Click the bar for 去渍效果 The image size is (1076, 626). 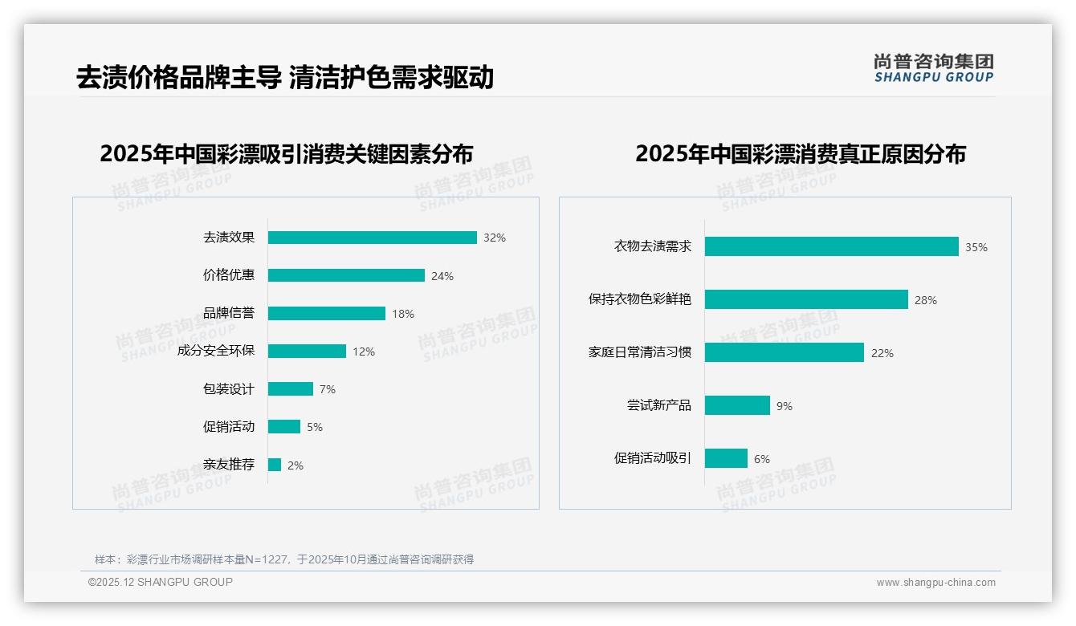pyautogui.click(x=372, y=238)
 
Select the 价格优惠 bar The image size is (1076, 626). pyautogui.click(x=346, y=275)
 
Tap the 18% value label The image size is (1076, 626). pyautogui.click(x=403, y=314)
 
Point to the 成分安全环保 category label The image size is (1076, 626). pyautogui.click(x=215, y=351)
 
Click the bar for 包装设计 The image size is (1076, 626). pyautogui.click(x=290, y=388)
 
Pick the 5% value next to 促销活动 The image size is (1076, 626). pyautogui.click(x=315, y=427)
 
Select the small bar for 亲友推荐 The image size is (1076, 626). pyautogui.click(x=275, y=465)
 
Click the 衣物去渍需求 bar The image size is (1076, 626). pyautogui.click(x=831, y=246)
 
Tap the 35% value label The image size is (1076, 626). pyautogui.click(x=976, y=247)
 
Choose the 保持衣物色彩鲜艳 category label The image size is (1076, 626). pyautogui.click(x=639, y=299)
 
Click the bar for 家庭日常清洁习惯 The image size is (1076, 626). pyautogui.click(x=784, y=352)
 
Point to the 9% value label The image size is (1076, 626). pyautogui.click(x=785, y=406)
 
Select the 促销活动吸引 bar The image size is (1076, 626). pyautogui.click(x=726, y=458)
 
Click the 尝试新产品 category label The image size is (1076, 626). pyautogui.click(x=658, y=405)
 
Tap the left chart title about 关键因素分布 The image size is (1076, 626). pyautogui.click(x=287, y=153)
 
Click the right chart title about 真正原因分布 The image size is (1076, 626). pyautogui.click(x=801, y=153)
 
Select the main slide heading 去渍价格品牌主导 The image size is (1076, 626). pyautogui.click(x=285, y=78)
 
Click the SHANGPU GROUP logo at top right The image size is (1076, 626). pyautogui.click(x=934, y=68)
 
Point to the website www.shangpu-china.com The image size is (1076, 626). pyautogui.click(x=935, y=583)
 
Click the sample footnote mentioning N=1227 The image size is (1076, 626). pyautogui.click(x=284, y=559)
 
